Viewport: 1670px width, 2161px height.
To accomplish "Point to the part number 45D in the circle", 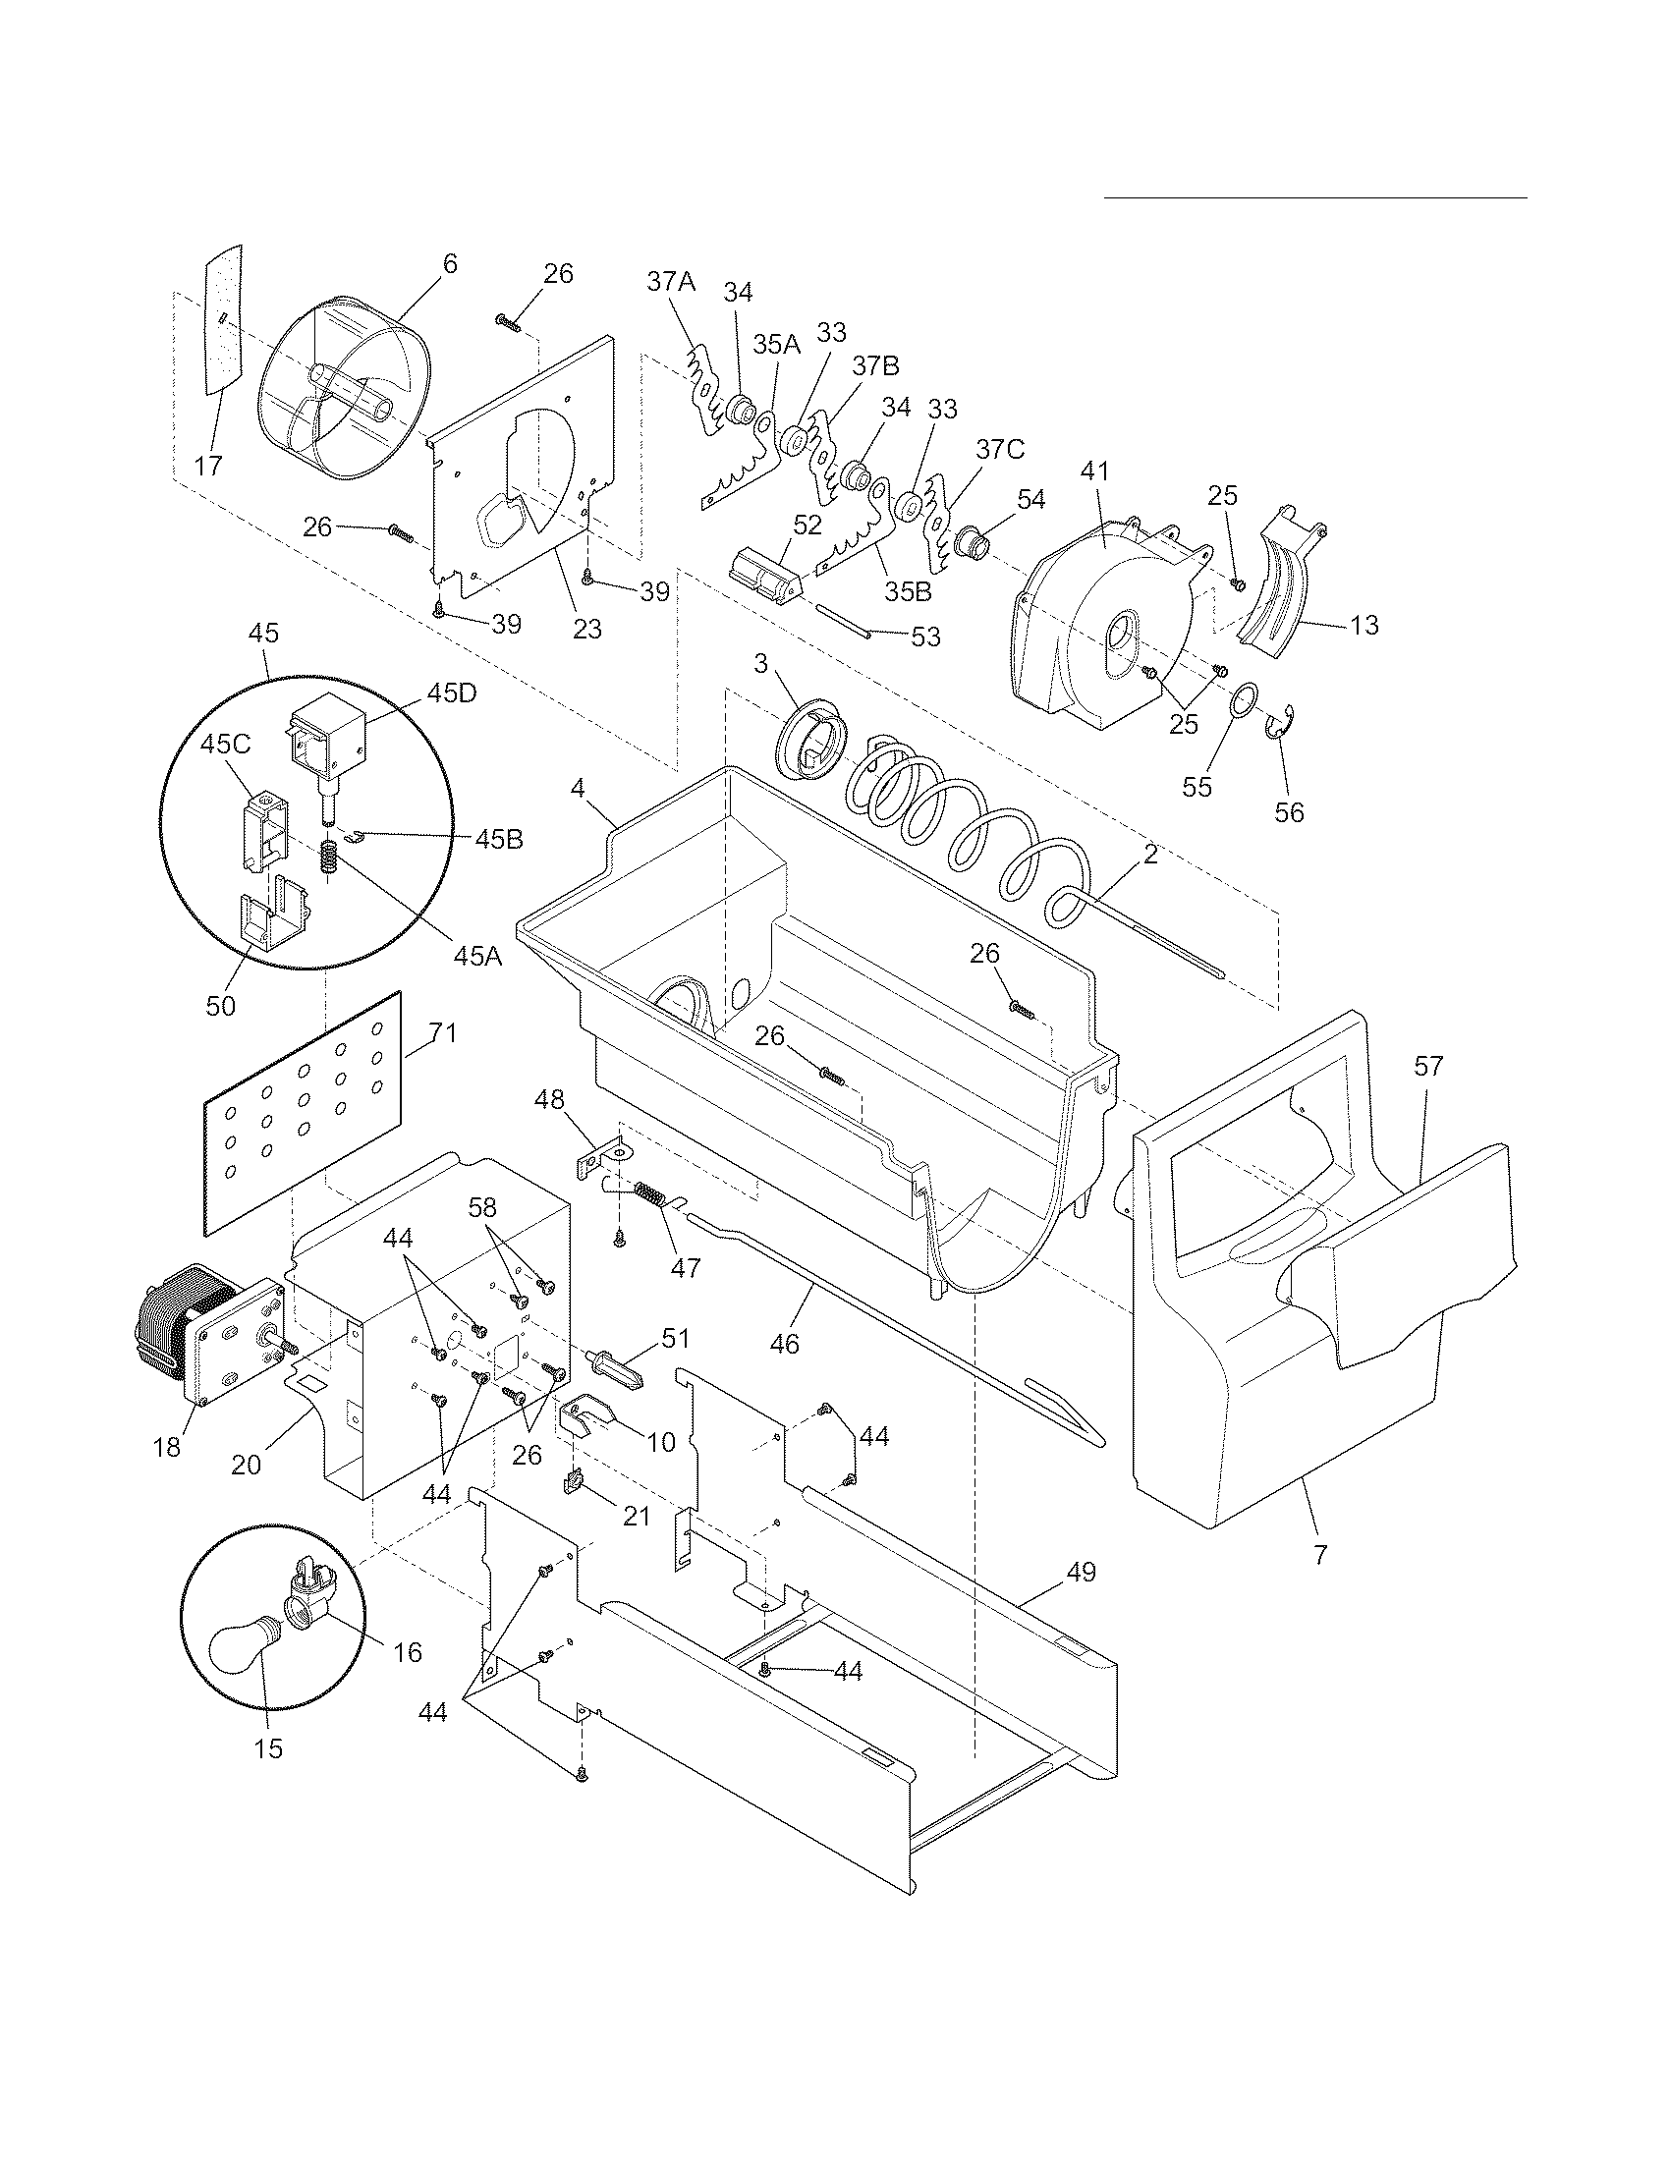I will pos(452,693).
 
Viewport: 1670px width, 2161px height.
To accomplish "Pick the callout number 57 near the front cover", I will pos(1428,1066).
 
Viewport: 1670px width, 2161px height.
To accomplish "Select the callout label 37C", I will pos(1000,449).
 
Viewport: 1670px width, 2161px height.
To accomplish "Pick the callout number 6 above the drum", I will pos(450,264).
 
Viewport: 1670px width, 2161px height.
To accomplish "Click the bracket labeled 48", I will pos(601,1156).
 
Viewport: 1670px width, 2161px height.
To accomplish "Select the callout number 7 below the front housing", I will pos(1318,1556).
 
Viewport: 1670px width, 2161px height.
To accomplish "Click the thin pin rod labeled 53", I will pos(842,623).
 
